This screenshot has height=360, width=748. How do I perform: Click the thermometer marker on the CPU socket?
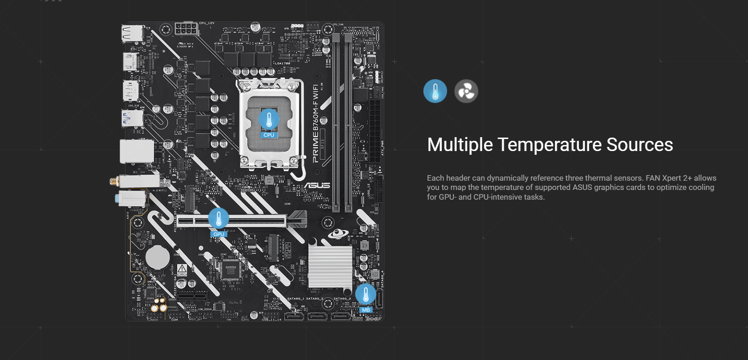pos(269,120)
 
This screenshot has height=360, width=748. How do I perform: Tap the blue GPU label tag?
pos(219,234)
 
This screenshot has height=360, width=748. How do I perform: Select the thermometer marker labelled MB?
pos(365,294)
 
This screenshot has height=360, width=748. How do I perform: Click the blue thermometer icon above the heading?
pos(435,91)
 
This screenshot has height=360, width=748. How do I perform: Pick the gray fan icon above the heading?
pos(466,91)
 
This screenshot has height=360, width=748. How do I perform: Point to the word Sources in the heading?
pos(640,145)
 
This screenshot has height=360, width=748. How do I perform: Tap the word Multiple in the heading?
pos(460,145)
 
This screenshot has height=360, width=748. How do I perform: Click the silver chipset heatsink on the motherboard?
pos(330,266)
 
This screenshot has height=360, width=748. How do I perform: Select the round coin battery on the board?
pos(157,257)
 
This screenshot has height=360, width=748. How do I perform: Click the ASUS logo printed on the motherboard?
pos(317,185)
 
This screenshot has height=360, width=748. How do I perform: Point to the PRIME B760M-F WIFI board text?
pos(315,123)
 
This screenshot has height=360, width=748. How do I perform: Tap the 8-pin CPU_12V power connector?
pos(186,29)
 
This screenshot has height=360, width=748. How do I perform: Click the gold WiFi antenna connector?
pos(114,181)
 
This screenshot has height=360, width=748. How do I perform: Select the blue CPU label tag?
pos(269,135)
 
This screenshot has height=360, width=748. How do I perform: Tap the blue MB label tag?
pos(366,310)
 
